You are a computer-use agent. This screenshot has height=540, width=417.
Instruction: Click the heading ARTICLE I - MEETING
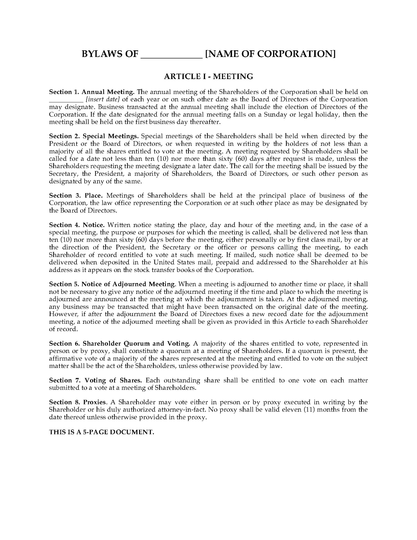coord(208,76)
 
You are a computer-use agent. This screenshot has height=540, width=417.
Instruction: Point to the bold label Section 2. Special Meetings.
coord(94,136)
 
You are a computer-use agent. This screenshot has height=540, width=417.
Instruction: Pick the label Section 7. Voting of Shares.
coord(95,381)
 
